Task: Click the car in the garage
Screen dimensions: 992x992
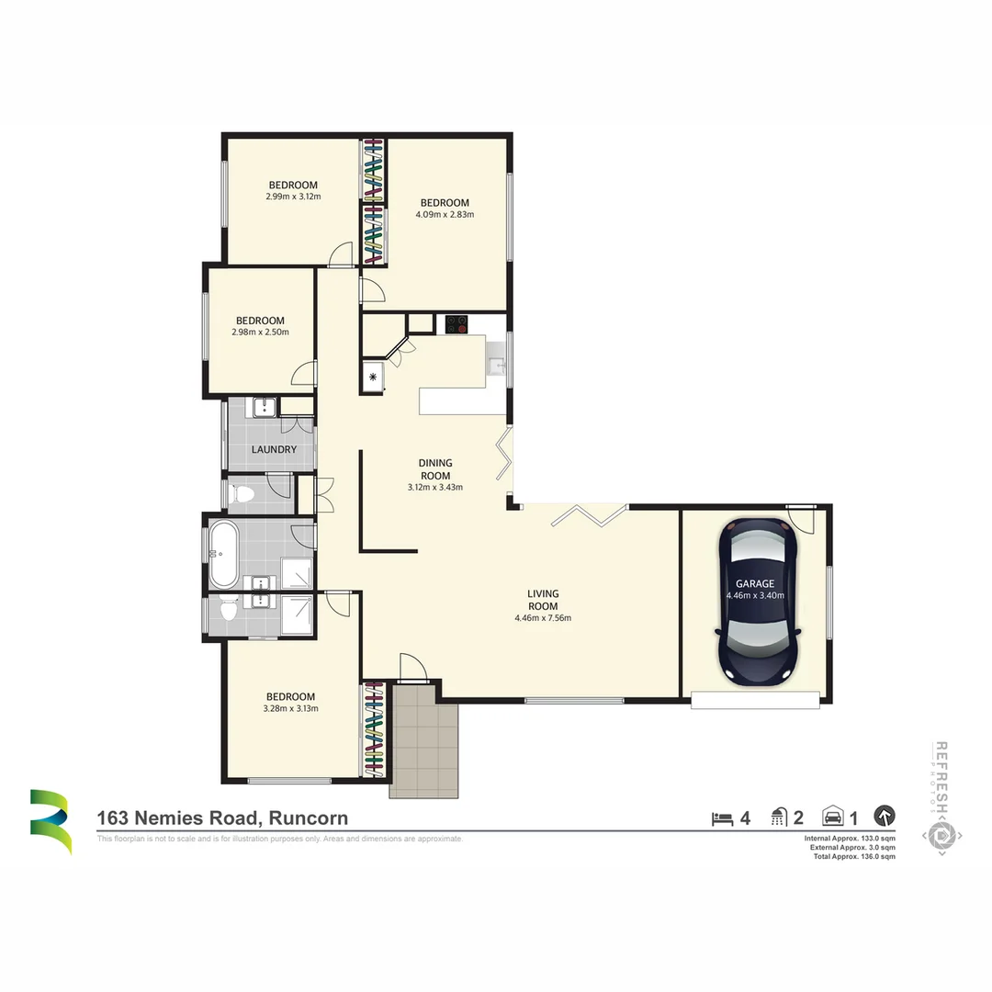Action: point(759,602)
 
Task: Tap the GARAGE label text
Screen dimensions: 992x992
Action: point(754,583)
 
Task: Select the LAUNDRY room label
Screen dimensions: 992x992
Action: point(274,450)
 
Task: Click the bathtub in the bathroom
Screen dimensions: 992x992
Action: point(223,555)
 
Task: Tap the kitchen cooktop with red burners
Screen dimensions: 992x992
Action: point(457,324)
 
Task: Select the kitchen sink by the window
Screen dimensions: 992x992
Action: point(496,365)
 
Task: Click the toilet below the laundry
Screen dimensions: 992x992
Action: point(242,495)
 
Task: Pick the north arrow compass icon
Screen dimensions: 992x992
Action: point(884,816)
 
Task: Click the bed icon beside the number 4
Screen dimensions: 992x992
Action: point(723,817)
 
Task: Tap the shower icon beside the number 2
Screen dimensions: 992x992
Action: point(779,817)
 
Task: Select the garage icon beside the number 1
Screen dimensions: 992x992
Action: point(833,817)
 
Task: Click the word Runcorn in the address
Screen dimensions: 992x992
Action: point(308,818)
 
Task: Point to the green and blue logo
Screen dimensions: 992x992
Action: point(50,820)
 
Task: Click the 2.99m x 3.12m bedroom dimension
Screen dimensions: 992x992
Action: point(293,196)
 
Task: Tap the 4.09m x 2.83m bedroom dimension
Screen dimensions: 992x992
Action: point(445,214)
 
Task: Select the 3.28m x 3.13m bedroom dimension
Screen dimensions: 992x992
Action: point(290,708)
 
